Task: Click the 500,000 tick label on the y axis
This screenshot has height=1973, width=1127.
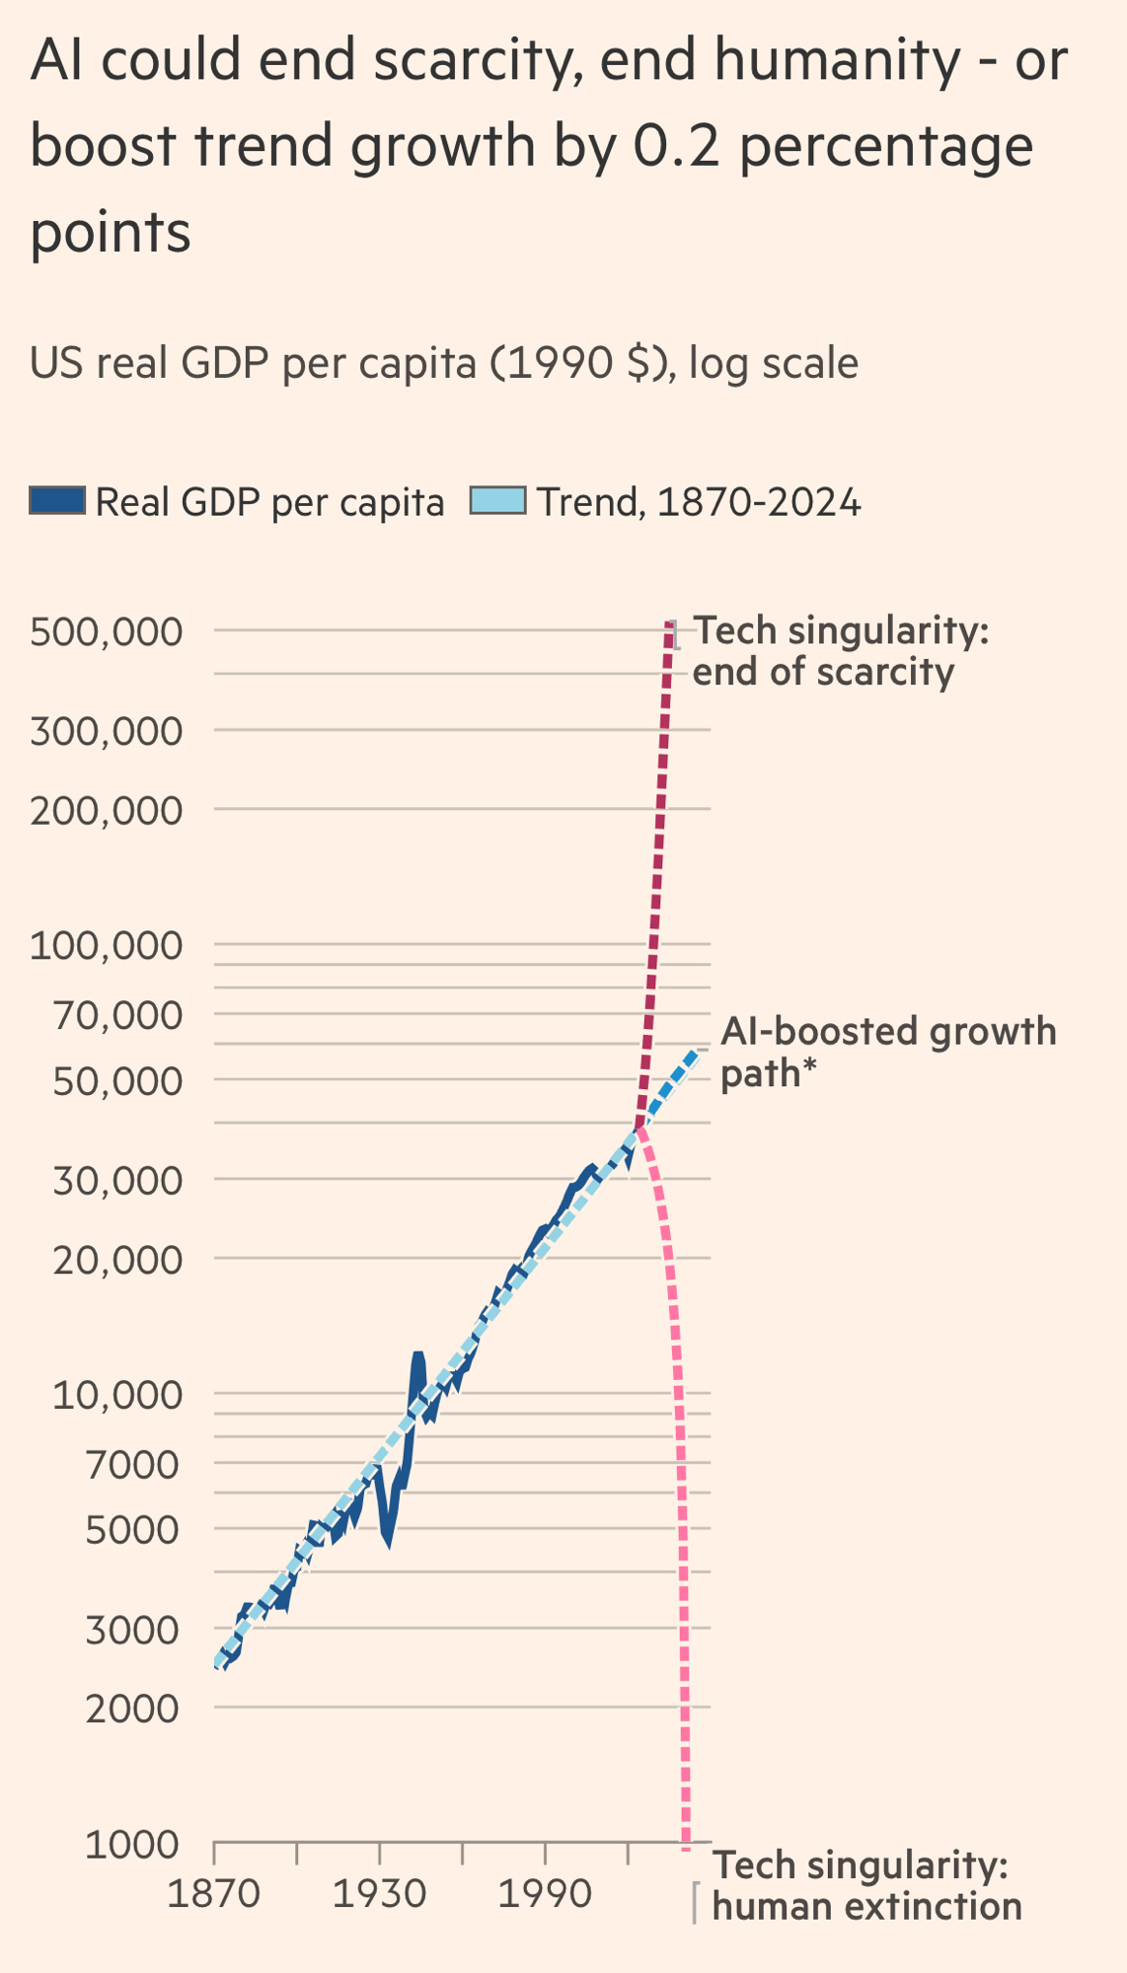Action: pos(107,632)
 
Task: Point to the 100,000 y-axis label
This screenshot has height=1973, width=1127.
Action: pos(107,946)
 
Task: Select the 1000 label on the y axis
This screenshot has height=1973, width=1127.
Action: pos(132,1845)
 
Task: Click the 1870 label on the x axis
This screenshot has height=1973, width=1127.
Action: pos(213,1894)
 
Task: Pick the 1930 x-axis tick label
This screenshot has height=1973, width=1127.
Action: pos(379,1894)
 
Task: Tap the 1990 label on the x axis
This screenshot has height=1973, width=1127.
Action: pos(545,1894)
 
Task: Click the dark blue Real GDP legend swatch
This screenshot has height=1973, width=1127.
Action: pos(57,501)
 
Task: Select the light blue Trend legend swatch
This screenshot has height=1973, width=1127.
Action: pos(497,501)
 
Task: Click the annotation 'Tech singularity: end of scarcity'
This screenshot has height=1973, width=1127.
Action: pos(839,651)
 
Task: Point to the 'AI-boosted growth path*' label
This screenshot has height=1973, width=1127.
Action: pos(888,1052)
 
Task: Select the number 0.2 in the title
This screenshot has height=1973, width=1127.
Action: pos(676,146)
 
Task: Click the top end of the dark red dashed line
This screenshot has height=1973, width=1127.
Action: pos(670,624)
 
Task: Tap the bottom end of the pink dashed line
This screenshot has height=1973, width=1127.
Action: pos(687,1841)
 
